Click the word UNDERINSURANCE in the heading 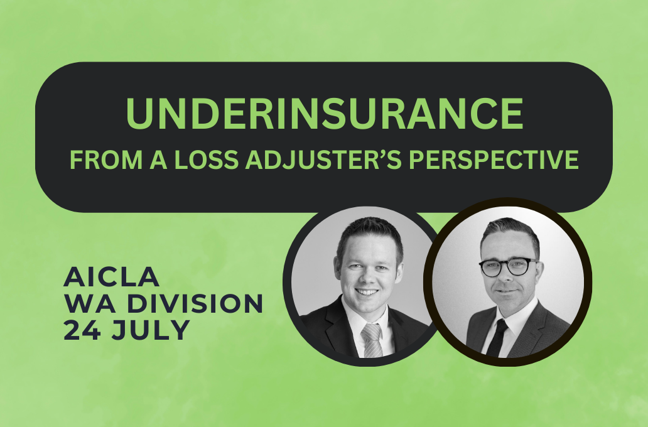point(325,113)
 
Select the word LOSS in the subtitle point(206,159)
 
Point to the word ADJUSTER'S point(323,159)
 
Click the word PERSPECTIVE point(494,159)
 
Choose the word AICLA point(112,277)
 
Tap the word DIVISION point(195,303)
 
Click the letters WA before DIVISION point(91,303)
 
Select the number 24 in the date point(82,330)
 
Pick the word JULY point(150,330)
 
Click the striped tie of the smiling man point(372,340)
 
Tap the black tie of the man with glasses point(497,337)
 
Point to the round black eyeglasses point(509,267)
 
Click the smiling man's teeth point(367,292)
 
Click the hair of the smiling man point(370,235)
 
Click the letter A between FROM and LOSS point(158,159)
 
